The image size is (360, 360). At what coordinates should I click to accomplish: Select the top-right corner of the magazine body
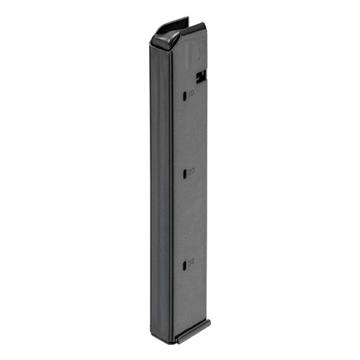(204, 29)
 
